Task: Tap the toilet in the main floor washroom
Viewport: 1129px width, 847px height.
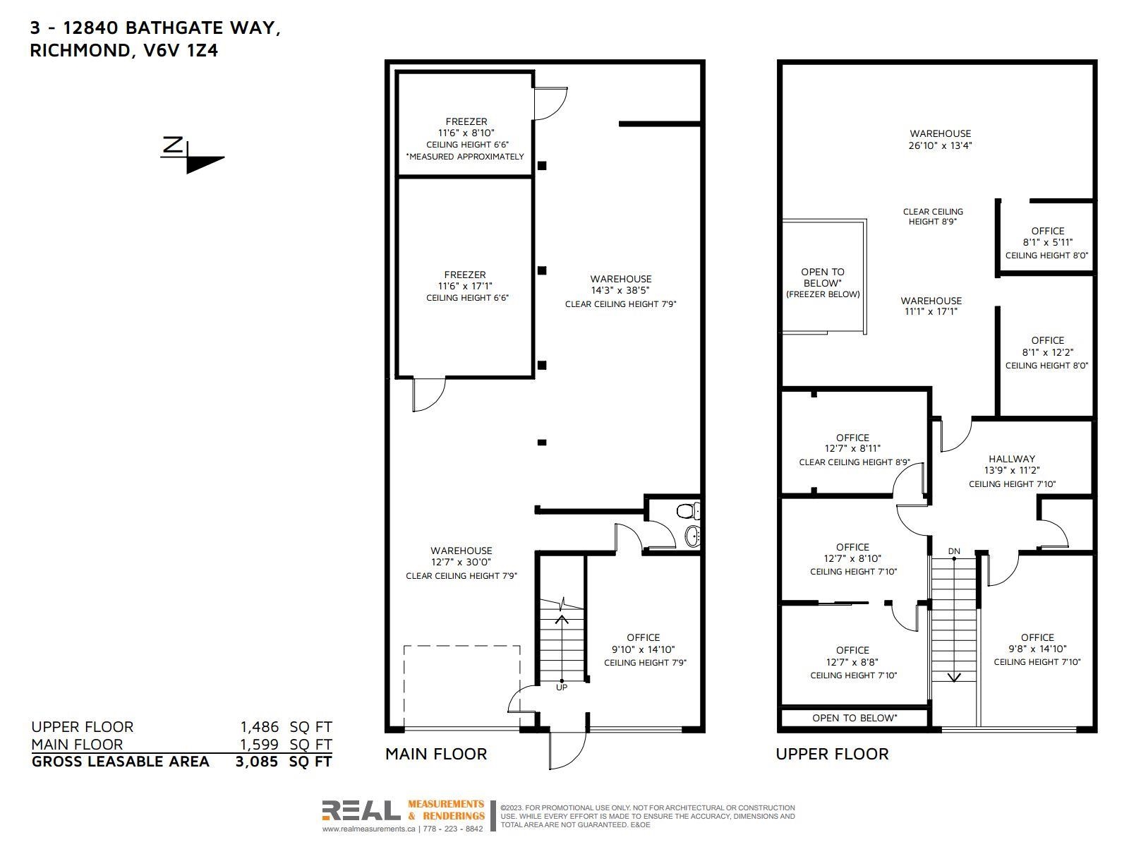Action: pyautogui.click(x=688, y=510)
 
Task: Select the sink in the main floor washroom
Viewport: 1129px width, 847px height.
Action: pyautogui.click(x=692, y=536)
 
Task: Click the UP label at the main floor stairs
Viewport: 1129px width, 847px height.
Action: pyautogui.click(x=561, y=687)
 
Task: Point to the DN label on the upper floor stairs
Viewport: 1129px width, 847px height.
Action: pyautogui.click(x=953, y=551)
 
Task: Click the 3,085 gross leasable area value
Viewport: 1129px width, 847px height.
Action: pyautogui.click(x=257, y=762)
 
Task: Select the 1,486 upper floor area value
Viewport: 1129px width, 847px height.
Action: pyautogui.click(x=259, y=727)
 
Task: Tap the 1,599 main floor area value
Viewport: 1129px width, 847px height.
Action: pyautogui.click(x=259, y=744)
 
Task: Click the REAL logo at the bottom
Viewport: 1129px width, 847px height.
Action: pyautogui.click(x=361, y=810)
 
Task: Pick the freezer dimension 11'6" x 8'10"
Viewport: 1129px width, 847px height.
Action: pyautogui.click(x=466, y=133)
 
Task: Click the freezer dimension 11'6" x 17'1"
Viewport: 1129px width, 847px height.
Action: pyautogui.click(x=465, y=286)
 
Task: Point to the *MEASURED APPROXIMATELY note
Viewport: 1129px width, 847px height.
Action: pyautogui.click(x=465, y=156)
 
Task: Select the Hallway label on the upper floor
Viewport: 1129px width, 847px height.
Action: pyautogui.click(x=1012, y=459)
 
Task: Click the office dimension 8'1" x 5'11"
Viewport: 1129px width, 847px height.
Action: pyautogui.click(x=1048, y=242)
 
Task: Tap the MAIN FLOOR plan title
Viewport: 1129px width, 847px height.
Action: pyautogui.click(x=435, y=754)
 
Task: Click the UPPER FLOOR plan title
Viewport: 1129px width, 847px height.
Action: pyautogui.click(x=832, y=754)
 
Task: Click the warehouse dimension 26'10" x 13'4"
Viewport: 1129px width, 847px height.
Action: pyautogui.click(x=940, y=145)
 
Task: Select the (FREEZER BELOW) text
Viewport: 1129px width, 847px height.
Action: pyautogui.click(x=823, y=294)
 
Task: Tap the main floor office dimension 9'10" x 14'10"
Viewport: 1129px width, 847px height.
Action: pyautogui.click(x=643, y=649)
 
